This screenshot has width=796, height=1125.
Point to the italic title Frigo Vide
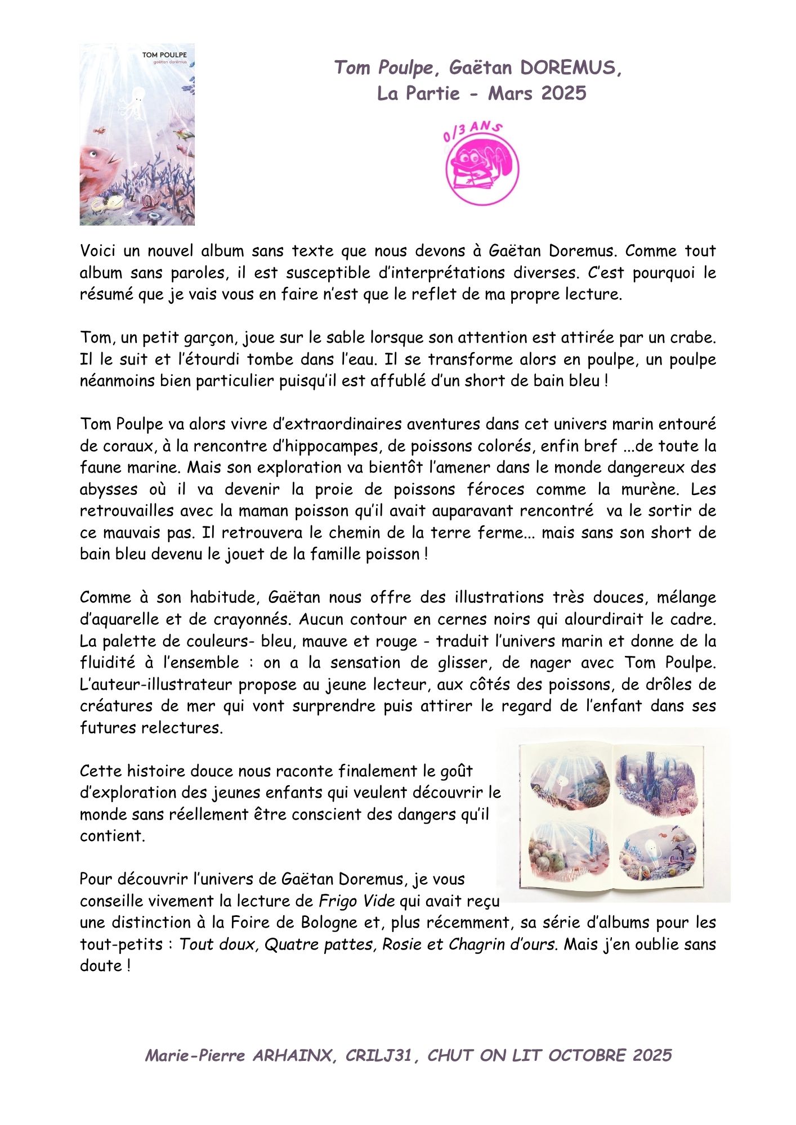(356, 901)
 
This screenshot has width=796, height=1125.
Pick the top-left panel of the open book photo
(569, 781)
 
